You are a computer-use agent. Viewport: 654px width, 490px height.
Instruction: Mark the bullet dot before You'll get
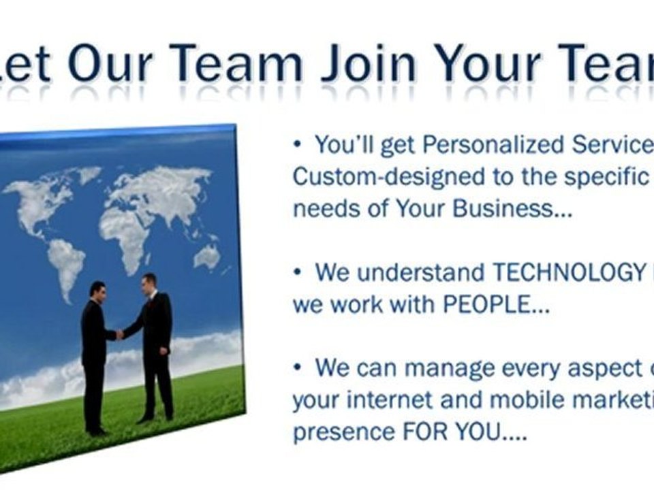(x=297, y=144)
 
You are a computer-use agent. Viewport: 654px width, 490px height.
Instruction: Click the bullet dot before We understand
(x=297, y=272)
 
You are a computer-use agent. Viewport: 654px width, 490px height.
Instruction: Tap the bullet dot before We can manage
(x=297, y=368)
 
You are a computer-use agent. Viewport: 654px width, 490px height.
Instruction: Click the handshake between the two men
(x=121, y=333)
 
